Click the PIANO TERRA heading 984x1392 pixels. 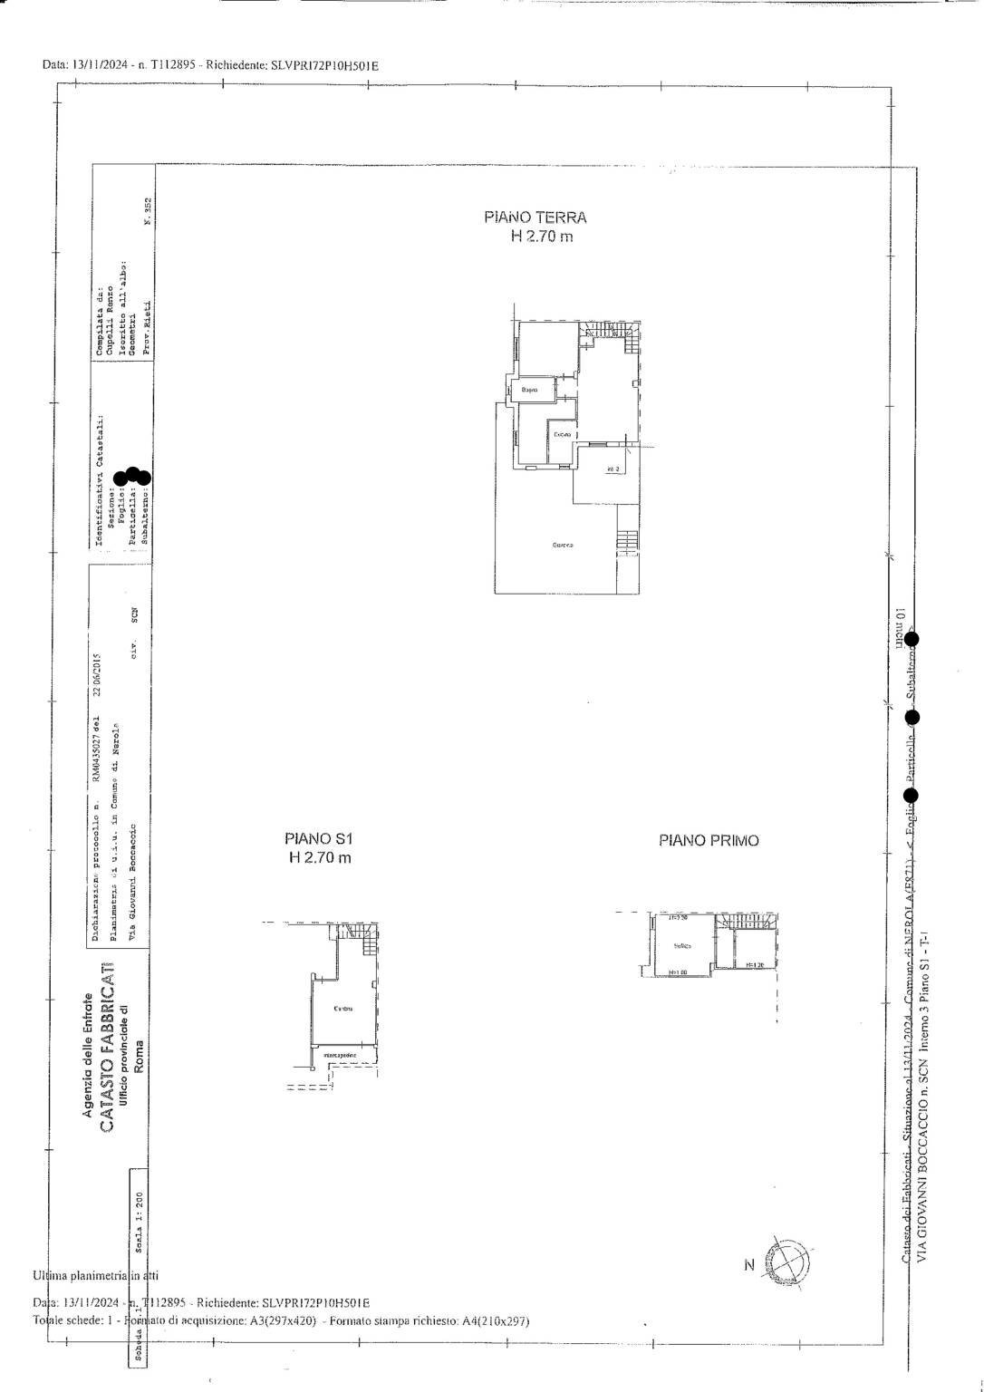535,217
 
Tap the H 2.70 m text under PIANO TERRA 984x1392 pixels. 541,237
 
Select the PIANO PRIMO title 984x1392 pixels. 709,840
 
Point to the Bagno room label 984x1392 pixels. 529,391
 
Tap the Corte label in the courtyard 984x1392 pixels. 563,545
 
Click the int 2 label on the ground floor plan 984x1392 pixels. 613,469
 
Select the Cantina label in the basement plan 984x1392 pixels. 342,1009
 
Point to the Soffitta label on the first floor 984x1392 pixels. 682,945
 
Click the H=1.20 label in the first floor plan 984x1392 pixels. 755,966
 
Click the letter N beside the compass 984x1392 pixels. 748,1265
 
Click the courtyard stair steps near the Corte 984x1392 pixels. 627,540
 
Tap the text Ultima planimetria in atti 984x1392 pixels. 95,1275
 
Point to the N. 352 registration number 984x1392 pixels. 149,210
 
